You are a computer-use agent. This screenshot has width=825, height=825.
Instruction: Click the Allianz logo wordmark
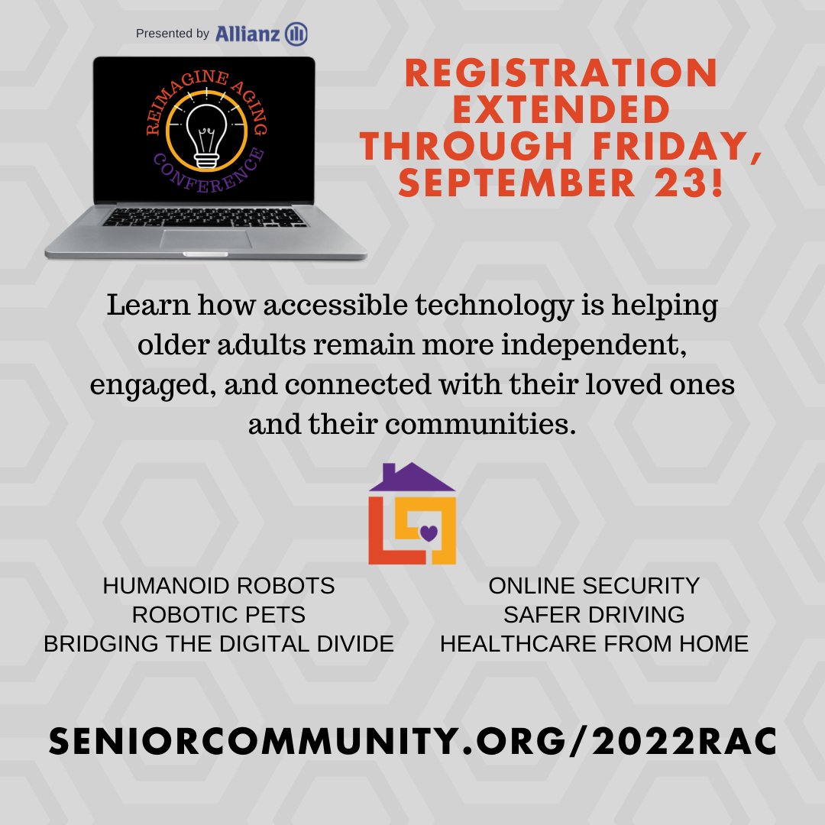coord(248,34)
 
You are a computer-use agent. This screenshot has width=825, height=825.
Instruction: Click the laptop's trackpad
coord(205,238)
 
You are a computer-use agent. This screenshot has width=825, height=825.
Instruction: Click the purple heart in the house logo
coord(429,532)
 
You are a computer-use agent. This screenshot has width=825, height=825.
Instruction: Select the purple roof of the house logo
coord(412,477)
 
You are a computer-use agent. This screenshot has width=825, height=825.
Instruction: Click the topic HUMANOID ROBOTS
coord(218,586)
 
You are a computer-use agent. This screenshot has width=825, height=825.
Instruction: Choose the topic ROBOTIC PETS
coord(218,614)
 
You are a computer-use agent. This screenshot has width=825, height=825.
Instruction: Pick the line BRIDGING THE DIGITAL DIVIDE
coord(218,643)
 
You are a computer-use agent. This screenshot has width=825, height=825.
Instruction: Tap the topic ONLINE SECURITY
coord(594,586)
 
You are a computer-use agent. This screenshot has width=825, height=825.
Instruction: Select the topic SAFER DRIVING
coord(594,614)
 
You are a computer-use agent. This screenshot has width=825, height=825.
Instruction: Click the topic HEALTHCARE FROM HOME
coord(594,643)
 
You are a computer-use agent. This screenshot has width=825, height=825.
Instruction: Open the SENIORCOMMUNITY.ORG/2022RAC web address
coord(412,741)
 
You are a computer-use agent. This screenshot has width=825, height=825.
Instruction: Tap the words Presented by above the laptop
coord(172,34)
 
